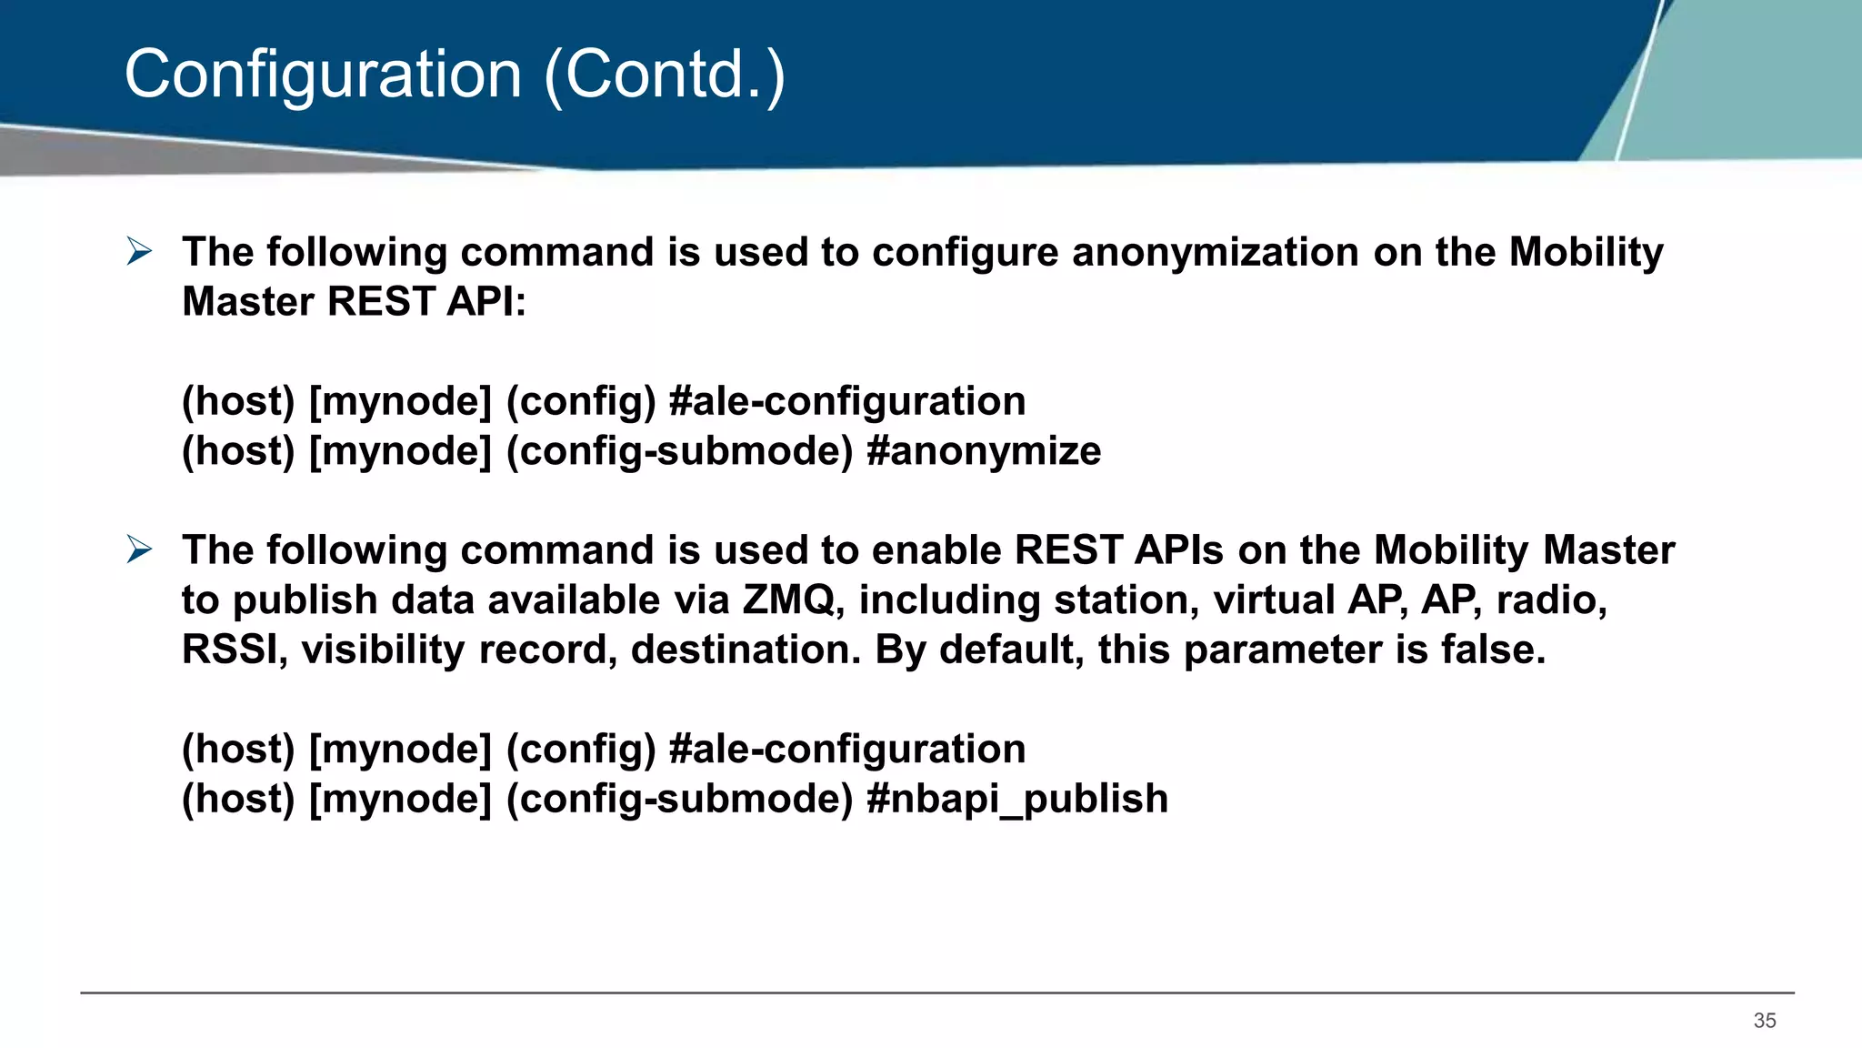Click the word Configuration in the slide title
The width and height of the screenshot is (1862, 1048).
pos(323,75)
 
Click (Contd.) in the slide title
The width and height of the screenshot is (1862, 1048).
pos(664,75)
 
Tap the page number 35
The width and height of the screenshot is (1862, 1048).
pos(1765,1021)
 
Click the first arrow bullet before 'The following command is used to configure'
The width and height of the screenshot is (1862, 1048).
pos(139,251)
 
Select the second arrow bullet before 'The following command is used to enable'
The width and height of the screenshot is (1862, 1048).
pos(139,549)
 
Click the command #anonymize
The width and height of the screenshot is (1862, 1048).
pos(984,451)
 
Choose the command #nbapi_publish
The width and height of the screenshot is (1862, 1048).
pos(1017,799)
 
